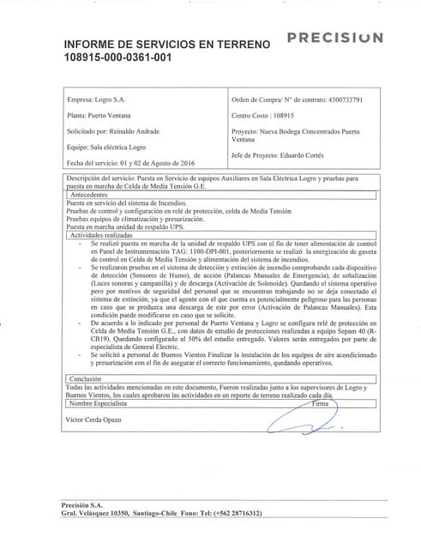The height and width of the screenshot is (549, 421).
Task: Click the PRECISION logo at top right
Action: coord(334,38)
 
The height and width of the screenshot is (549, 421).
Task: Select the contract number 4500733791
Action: coord(347,100)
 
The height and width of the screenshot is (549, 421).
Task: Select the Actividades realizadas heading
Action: coord(100,234)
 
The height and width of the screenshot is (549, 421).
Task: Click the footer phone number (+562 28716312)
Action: coord(230,512)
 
